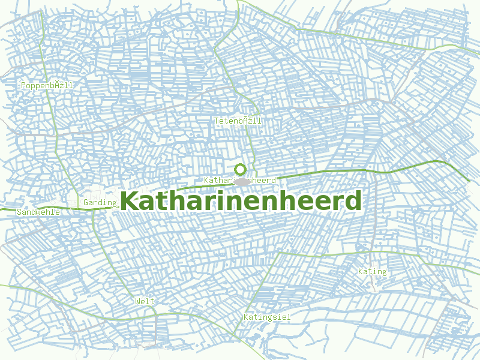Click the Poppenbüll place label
47,86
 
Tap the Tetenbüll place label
238,121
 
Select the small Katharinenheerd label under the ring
239,180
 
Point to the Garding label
100,203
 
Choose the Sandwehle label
38,212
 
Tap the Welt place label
145,301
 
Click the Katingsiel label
267,316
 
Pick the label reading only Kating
372,272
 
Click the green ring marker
241,169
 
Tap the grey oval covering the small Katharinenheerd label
241,181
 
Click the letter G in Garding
86,203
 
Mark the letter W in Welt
138,301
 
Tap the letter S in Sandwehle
20,212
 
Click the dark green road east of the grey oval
336,173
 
